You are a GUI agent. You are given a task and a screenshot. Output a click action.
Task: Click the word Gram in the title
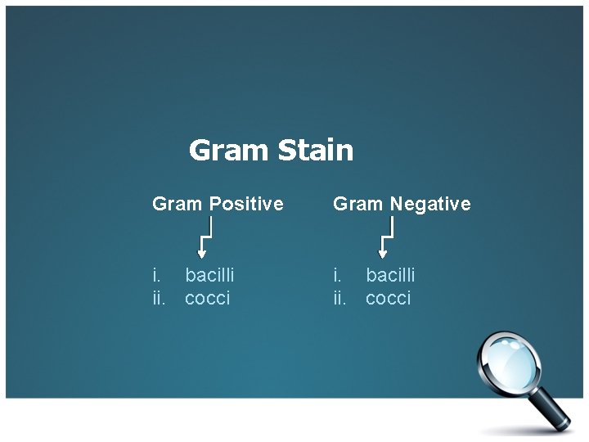229,151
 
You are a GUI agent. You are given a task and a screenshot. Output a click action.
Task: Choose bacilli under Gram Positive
209,275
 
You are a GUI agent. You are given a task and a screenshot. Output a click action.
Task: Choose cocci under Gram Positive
208,298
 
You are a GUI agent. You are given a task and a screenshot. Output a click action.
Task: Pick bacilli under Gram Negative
390,275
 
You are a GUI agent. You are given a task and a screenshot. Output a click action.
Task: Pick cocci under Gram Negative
389,298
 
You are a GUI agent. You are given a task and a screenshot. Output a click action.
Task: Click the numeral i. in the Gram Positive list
156,275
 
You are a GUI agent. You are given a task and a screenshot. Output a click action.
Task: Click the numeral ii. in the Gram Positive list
159,298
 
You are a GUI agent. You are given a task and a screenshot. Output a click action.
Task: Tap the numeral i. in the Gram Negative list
337,275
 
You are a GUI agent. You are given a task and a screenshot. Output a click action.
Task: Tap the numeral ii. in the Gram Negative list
339,298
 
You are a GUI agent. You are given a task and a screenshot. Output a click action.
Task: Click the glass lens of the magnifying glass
510,357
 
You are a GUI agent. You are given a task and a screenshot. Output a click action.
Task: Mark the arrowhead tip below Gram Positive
202,257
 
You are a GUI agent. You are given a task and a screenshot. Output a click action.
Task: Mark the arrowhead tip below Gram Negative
383,257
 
